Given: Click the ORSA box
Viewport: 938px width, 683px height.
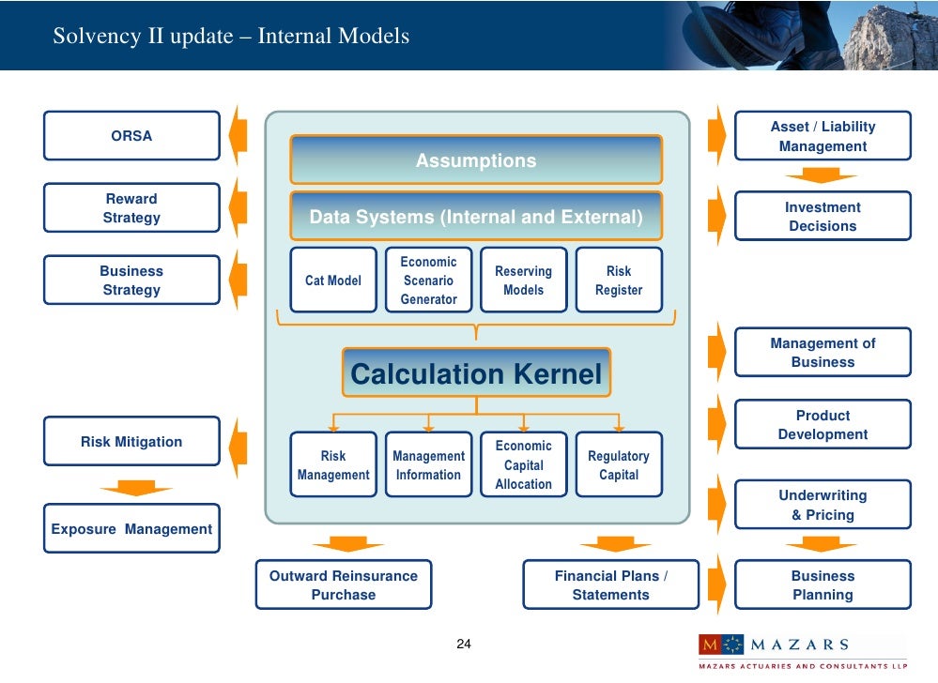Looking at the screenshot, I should [131, 136].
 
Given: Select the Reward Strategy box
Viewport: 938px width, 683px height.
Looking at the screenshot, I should [131, 208].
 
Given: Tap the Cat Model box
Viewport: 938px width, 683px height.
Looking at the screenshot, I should [333, 281].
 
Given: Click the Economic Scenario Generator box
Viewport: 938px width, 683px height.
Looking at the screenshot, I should [428, 281].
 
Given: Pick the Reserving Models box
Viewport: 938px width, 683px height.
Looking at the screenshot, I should [523, 281].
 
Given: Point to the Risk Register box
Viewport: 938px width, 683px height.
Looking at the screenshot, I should [619, 281].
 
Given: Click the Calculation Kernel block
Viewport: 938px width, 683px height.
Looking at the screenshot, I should [476, 374].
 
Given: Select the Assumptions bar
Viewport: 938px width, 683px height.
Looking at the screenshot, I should [476, 160].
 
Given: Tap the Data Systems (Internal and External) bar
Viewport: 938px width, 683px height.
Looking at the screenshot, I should [476, 217].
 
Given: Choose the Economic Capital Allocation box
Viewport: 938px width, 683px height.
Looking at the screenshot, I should [523, 464].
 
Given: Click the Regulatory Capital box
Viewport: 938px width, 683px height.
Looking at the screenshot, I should [619, 464].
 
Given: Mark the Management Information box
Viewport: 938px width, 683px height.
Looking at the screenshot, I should [428, 464].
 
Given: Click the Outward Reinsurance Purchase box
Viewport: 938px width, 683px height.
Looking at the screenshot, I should [344, 584].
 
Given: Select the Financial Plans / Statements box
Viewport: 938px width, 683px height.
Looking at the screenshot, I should [610, 584].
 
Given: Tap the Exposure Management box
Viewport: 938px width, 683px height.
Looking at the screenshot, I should [131, 529].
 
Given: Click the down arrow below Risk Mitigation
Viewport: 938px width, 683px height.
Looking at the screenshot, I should [136, 488].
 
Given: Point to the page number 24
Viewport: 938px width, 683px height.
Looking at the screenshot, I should [464, 645].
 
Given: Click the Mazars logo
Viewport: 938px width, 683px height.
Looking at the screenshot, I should [774, 645].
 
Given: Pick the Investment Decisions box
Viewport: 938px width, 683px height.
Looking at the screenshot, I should [823, 217].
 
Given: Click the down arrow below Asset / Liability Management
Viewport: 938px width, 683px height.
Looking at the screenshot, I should [822, 175].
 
